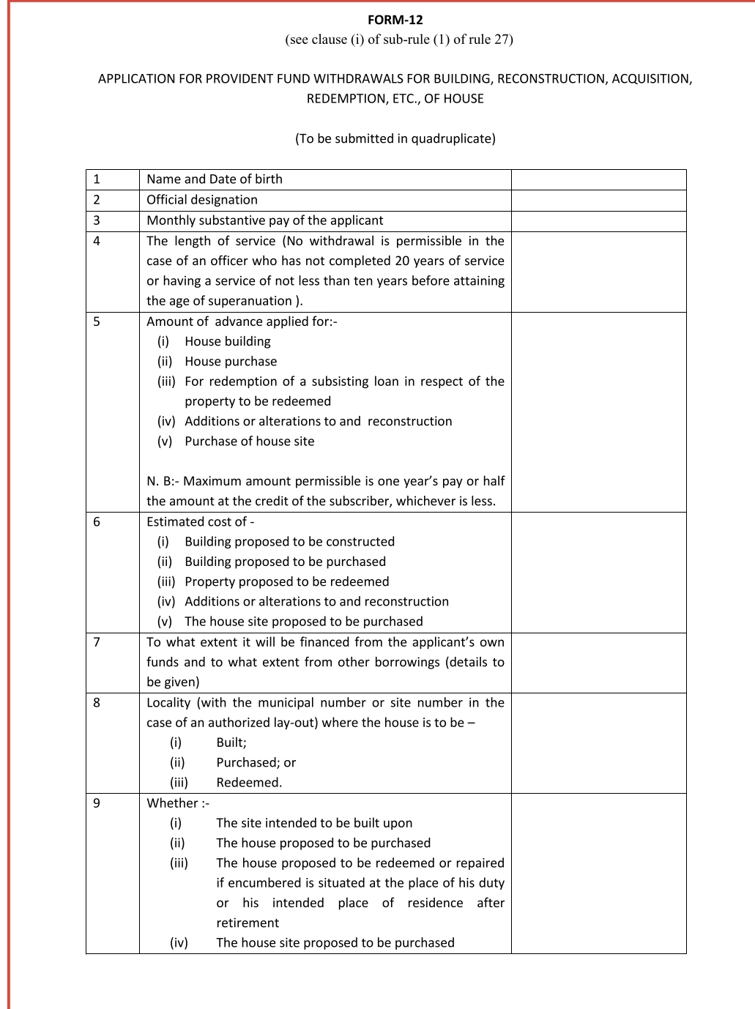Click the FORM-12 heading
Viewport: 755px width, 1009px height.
[x=395, y=20]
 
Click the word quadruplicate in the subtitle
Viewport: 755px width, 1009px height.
[x=451, y=138]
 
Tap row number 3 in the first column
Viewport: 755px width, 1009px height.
[x=97, y=220]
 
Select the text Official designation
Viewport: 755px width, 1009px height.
[x=202, y=200]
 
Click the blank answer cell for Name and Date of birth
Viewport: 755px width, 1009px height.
[x=598, y=179]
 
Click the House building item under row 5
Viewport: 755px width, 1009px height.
[x=227, y=341]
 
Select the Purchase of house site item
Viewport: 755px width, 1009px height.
[x=249, y=442]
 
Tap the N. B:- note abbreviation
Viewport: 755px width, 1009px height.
[x=162, y=481]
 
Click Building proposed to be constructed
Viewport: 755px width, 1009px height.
[x=289, y=542]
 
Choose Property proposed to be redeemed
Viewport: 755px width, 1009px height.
[x=286, y=581]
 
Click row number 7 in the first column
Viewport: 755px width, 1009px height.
[x=97, y=642]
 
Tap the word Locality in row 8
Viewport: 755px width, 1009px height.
[x=168, y=702]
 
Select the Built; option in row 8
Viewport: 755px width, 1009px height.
[x=231, y=742]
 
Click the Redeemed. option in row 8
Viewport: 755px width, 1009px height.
[x=249, y=783]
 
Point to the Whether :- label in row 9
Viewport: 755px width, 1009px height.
[x=177, y=803]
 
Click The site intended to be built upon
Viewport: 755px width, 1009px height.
[x=314, y=823]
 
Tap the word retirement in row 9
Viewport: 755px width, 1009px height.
[x=248, y=923]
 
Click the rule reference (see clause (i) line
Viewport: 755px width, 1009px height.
[x=399, y=40]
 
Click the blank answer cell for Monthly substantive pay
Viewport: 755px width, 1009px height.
[x=598, y=220]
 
